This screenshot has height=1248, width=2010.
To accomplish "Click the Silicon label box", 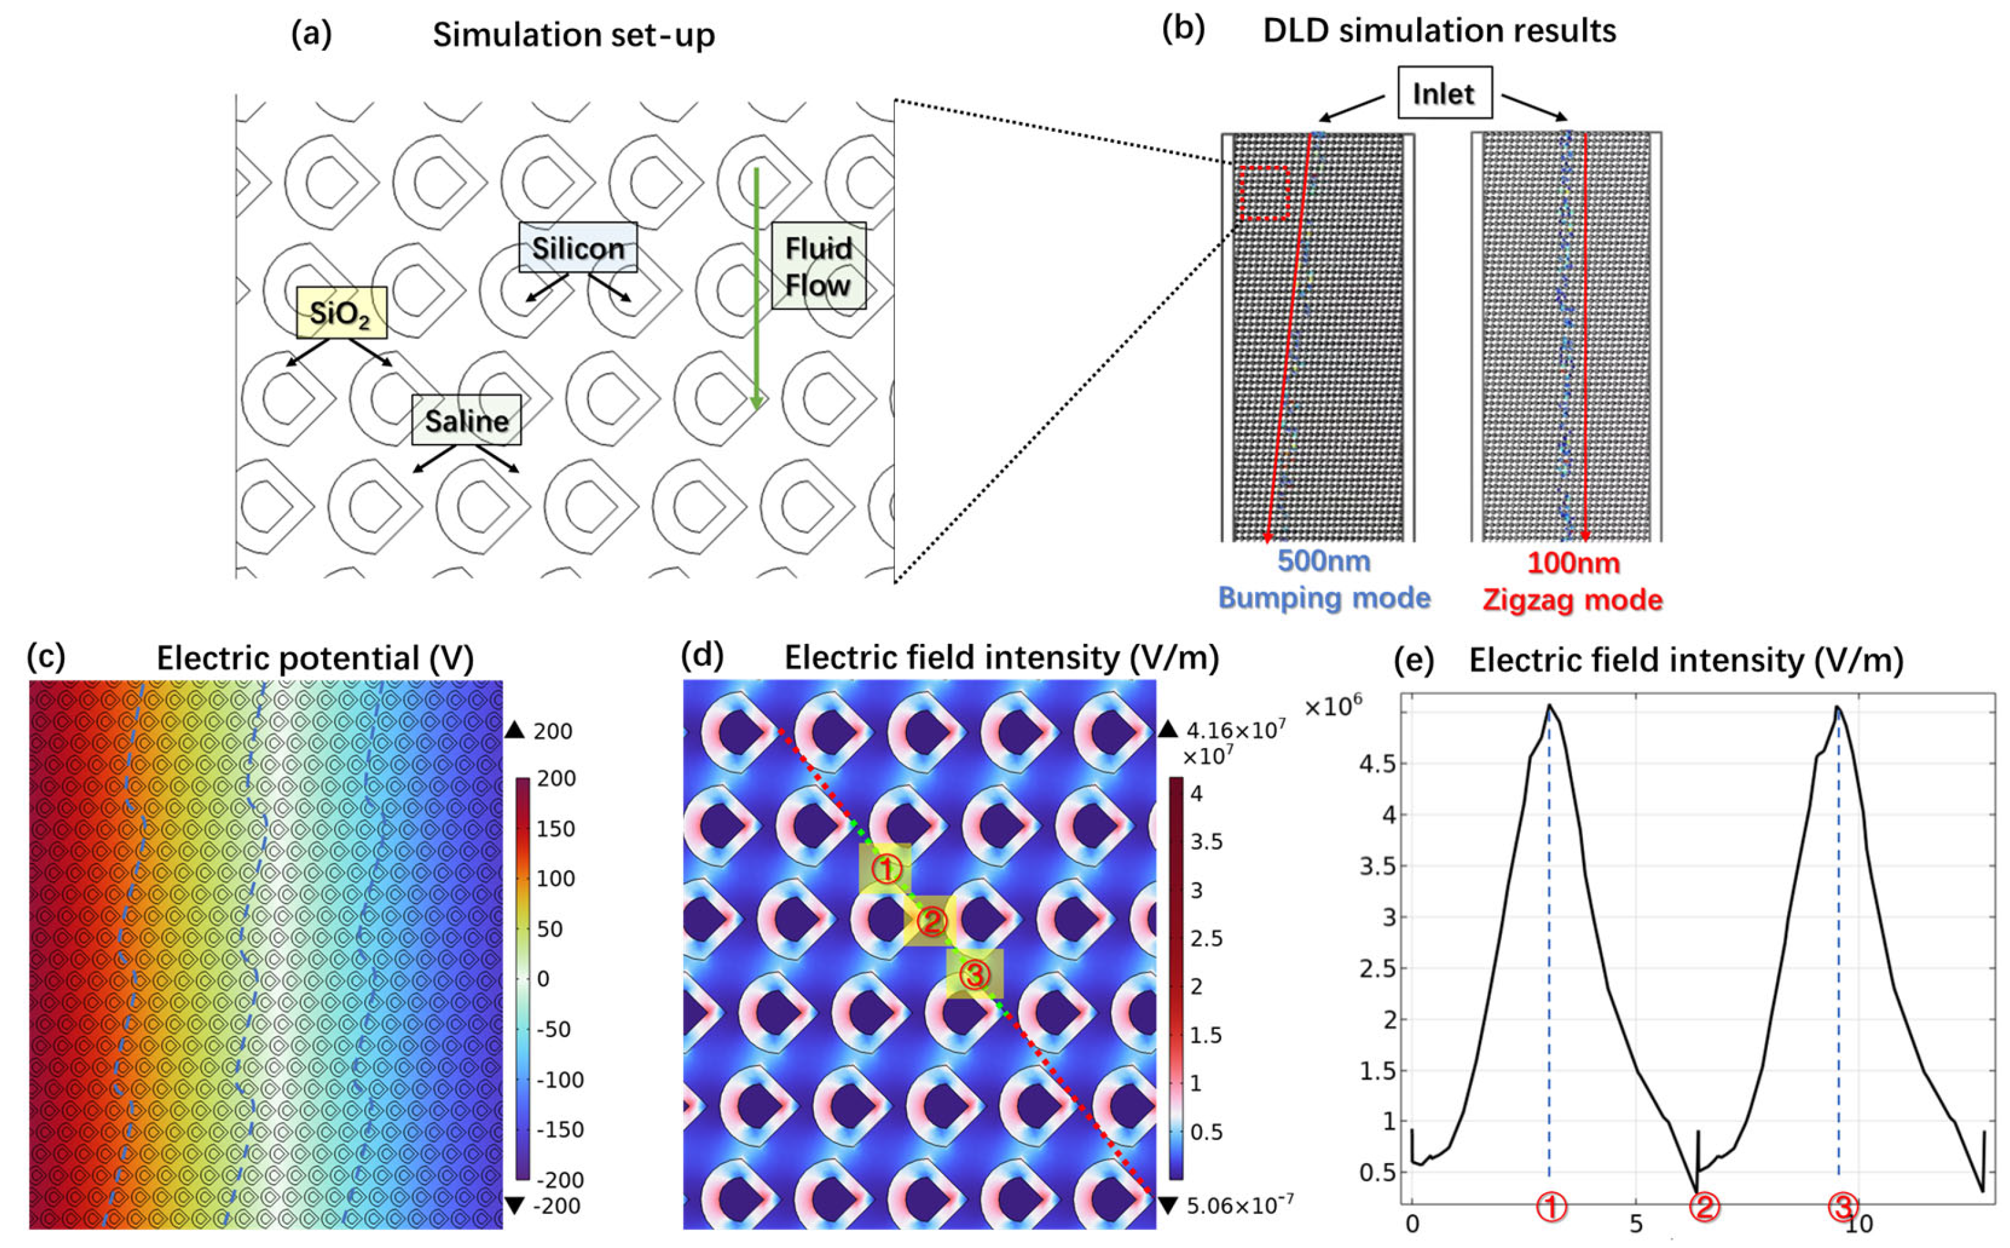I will pos(577,247).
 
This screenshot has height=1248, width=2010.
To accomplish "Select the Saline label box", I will pos(466,420).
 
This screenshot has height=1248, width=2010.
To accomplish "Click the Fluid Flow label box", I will pos(818,266).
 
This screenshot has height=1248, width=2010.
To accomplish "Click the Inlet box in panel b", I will pos(1443,93).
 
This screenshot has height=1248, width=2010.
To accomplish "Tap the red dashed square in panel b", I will pos(1264,193).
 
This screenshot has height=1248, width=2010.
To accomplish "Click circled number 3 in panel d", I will pos(974,975).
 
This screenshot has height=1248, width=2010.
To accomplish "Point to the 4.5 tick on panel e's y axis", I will pos(1378,764).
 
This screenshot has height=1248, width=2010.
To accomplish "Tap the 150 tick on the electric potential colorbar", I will pos(555,830).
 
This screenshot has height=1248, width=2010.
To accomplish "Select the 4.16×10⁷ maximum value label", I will pos(1235,731).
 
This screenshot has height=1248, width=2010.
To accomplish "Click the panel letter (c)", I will pos(46,656).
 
